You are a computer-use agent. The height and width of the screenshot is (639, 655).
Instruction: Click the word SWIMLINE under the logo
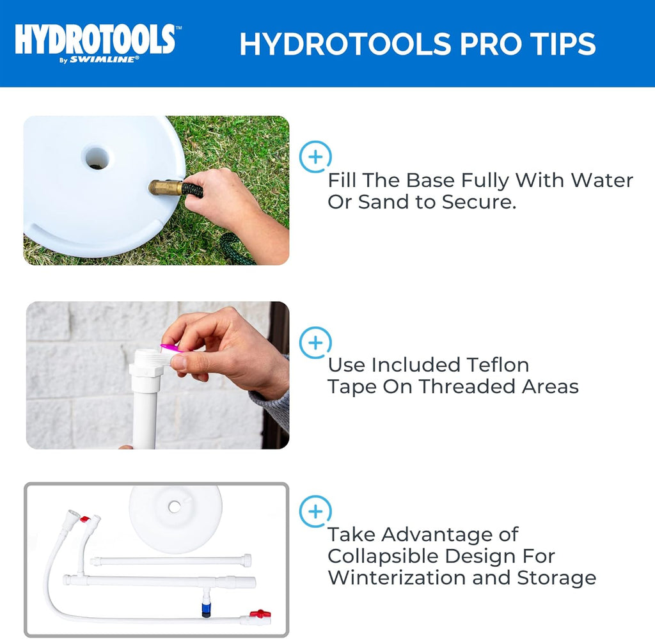(118, 59)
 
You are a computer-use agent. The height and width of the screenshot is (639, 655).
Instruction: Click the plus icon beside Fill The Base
(316, 157)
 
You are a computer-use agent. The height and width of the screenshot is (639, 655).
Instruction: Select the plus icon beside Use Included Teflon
(316, 342)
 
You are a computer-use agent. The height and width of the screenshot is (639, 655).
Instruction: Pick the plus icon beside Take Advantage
(316, 512)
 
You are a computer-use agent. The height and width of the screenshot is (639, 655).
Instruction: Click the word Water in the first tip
(602, 180)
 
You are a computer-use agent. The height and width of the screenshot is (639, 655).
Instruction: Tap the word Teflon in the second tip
(493, 365)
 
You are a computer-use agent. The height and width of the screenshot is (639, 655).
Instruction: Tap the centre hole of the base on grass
(97, 157)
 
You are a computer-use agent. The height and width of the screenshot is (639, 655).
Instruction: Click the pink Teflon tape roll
(170, 349)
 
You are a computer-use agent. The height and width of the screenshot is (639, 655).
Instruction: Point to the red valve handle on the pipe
(260, 614)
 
